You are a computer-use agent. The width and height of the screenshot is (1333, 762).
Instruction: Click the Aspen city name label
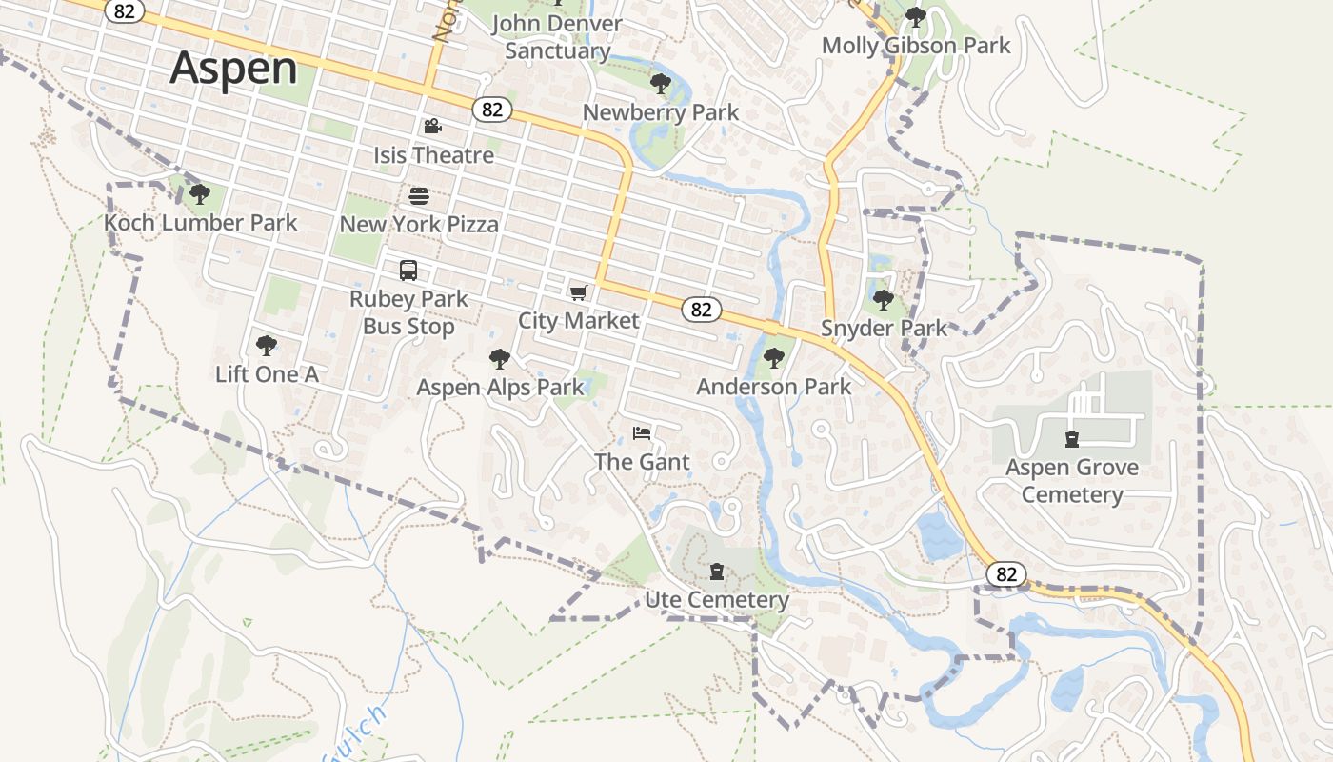[233, 69]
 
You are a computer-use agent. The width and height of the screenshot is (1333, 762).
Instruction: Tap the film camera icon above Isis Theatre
[432, 127]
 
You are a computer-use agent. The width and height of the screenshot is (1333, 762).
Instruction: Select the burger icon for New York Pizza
[419, 196]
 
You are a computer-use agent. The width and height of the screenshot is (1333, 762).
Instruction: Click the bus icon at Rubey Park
[408, 271]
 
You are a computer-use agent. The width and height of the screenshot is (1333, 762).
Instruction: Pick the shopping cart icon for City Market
[578, 292]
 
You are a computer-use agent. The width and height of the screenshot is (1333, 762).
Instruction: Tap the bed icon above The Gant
[642, 433]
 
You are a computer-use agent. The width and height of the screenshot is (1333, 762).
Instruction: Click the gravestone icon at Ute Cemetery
[716, 571]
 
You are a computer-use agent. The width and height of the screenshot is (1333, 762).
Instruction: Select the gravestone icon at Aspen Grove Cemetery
[1072, 439]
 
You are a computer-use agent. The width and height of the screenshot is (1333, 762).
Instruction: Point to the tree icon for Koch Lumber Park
[199, 194]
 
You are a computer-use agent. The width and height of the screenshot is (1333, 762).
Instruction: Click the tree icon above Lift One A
[267, 345]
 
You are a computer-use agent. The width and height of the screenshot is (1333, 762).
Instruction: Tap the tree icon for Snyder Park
[884, 300]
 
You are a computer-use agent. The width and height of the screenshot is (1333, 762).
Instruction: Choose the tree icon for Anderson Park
[773, 358]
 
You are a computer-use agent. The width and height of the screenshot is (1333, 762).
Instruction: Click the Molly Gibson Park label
[916, 46]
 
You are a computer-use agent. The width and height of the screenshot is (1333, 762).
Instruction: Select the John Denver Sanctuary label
[557, 37]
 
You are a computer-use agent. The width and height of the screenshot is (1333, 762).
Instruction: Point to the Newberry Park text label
[661, 112]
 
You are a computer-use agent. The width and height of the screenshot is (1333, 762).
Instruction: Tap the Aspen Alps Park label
[500, 388]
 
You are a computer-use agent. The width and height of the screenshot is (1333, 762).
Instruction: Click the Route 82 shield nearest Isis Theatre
[491, 110]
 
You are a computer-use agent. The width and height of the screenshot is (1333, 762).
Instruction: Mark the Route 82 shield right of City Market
[701, 310]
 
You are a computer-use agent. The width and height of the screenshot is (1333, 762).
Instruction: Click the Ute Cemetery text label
[717, 600]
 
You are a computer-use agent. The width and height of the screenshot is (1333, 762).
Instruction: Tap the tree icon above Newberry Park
[660, 84]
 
